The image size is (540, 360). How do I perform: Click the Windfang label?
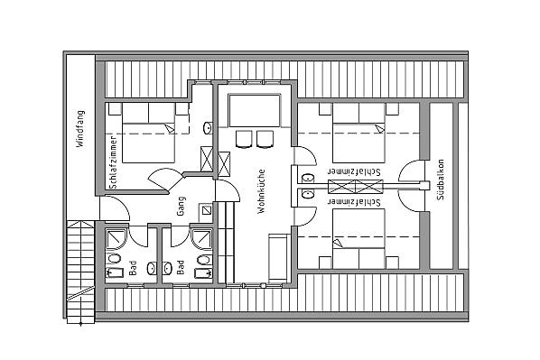[80, 129]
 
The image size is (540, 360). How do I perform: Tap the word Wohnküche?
[261, 191]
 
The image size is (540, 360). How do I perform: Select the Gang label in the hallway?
[182, 206]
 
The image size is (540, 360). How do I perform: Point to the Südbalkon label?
[440, 180]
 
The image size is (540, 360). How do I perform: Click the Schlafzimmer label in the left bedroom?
[113, 162]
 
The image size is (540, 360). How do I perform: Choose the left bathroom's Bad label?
[133, 268]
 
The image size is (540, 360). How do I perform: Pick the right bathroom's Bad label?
[180, 267]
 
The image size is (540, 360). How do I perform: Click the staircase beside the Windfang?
[80, 272]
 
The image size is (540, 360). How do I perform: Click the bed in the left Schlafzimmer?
[148, 133]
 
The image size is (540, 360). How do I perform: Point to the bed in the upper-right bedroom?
[358, 133]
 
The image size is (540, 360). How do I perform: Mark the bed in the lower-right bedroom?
[358, 239]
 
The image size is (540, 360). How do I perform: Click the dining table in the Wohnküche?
[255, 110]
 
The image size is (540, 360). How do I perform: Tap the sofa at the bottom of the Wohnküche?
[278, 257]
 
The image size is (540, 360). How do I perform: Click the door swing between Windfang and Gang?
[115, 208]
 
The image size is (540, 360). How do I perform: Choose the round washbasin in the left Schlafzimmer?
[208, 128]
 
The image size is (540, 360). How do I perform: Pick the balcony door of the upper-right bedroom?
[412, 171]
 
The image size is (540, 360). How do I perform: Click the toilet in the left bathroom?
[114, 258]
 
